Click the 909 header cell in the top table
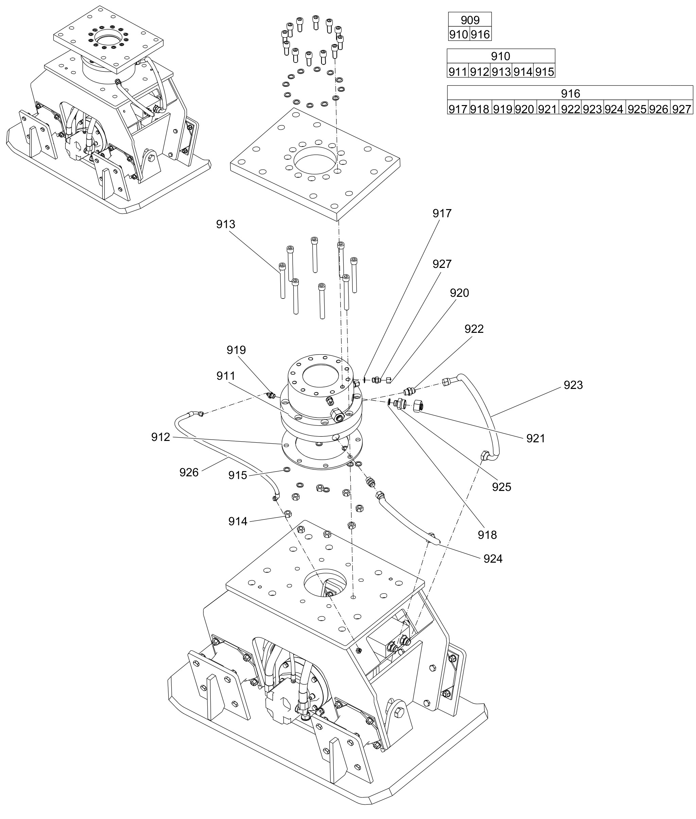pos(470,20)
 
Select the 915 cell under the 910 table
pos(544,72)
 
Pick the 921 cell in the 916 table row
pos(547,109)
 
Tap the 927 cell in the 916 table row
pos(681,109)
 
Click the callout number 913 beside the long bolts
pos(225,224)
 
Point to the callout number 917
pos(441,214)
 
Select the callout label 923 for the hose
pos(573,385)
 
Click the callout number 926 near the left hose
pos(189,473)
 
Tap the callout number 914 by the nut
pos(238,522)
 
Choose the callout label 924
pos(493,559)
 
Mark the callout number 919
pos(236,350)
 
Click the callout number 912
pos(161,437)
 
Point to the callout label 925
pos(502,487)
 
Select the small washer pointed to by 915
pos(286,469)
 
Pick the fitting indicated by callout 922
pos(409,391)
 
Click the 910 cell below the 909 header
pos(458,34)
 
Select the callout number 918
pos(487,535)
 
